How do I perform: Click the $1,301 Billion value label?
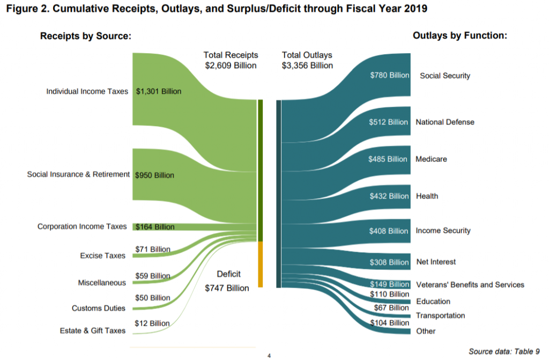click(x=159, y=91)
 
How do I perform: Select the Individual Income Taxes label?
click(x=87, y=91)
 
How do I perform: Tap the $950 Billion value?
click(x=154, y=175)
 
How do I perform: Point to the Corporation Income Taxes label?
click(x=82, y=226)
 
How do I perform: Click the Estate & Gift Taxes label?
click(x=93, y=330)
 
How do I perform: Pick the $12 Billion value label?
click(x=152, y=323)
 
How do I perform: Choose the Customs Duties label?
click(x=99, y=308)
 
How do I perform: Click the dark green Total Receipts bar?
click(x=260, y=170)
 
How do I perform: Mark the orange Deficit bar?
click(x=260, y=264)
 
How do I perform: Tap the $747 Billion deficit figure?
click(x=227, y=288)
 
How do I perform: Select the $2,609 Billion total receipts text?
click(x=231, y=65)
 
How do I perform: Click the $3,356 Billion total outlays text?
click(x=307, y=65)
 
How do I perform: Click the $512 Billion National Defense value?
click(x=389, y=122)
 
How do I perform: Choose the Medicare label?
click(x=432, y=159)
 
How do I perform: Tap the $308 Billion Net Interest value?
click(x=389, y=262)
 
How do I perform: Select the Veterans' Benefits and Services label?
click(x=470, y=284)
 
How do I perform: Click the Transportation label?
click(x=441, y=315)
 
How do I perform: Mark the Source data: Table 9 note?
click(x=504, y=351)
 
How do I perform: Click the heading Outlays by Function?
click(x=460, y=35)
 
